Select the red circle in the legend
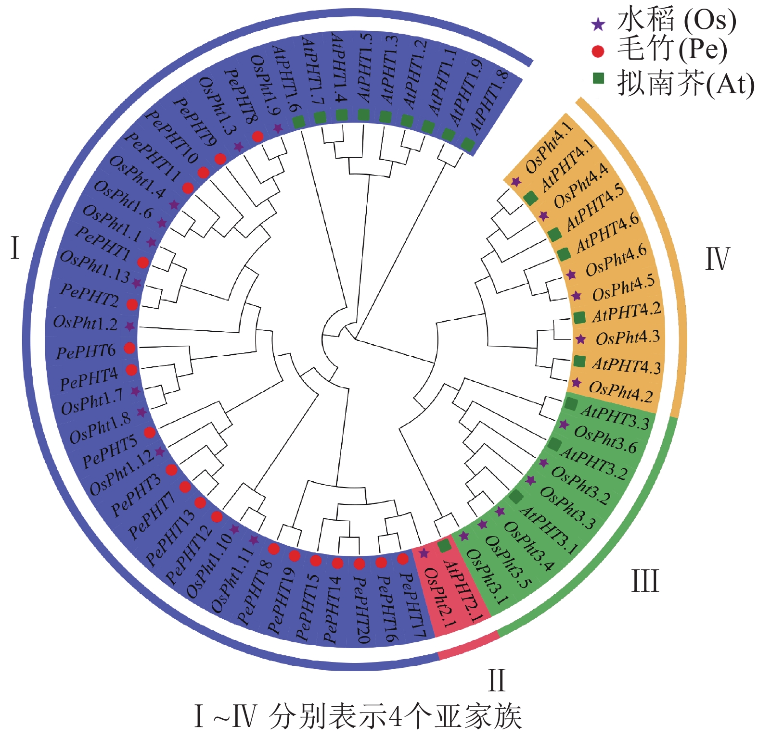598,51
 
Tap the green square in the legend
598,78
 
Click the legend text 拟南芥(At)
686,84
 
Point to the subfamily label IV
717,259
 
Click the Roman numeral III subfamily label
644,581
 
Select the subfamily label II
497,680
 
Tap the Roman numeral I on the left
15,249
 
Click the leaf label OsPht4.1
549,147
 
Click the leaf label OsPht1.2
85,323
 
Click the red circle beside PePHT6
129,348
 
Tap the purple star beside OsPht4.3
581,339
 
